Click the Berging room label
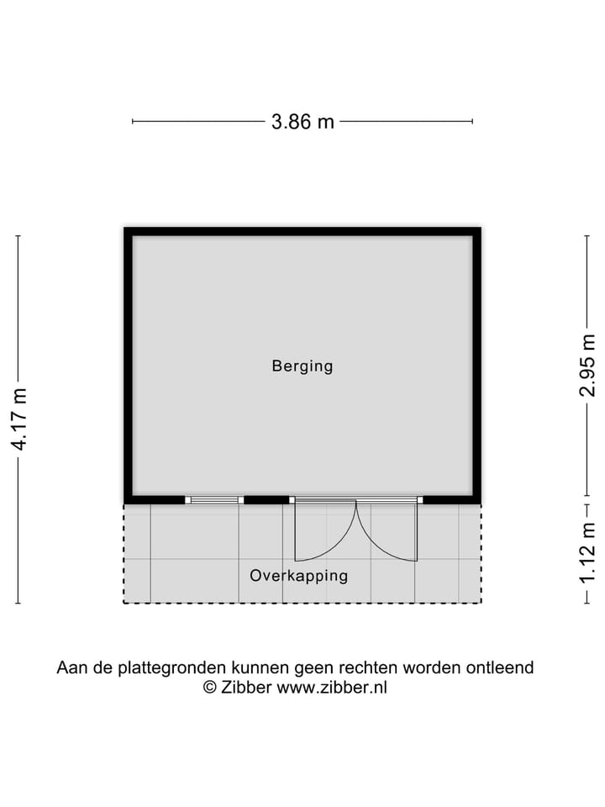[302, 367]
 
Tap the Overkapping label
[298, 576]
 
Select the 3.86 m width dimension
[302, 122]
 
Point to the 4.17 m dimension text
[19, 419]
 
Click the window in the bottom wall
[213, 500]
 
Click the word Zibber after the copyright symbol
[246, 688]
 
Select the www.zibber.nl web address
[332, 688]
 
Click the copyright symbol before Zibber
[210, 688]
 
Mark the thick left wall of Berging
[129, 366]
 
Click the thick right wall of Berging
[476, 366]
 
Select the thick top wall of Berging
[302, 231]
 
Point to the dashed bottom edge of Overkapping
[302, 603]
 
